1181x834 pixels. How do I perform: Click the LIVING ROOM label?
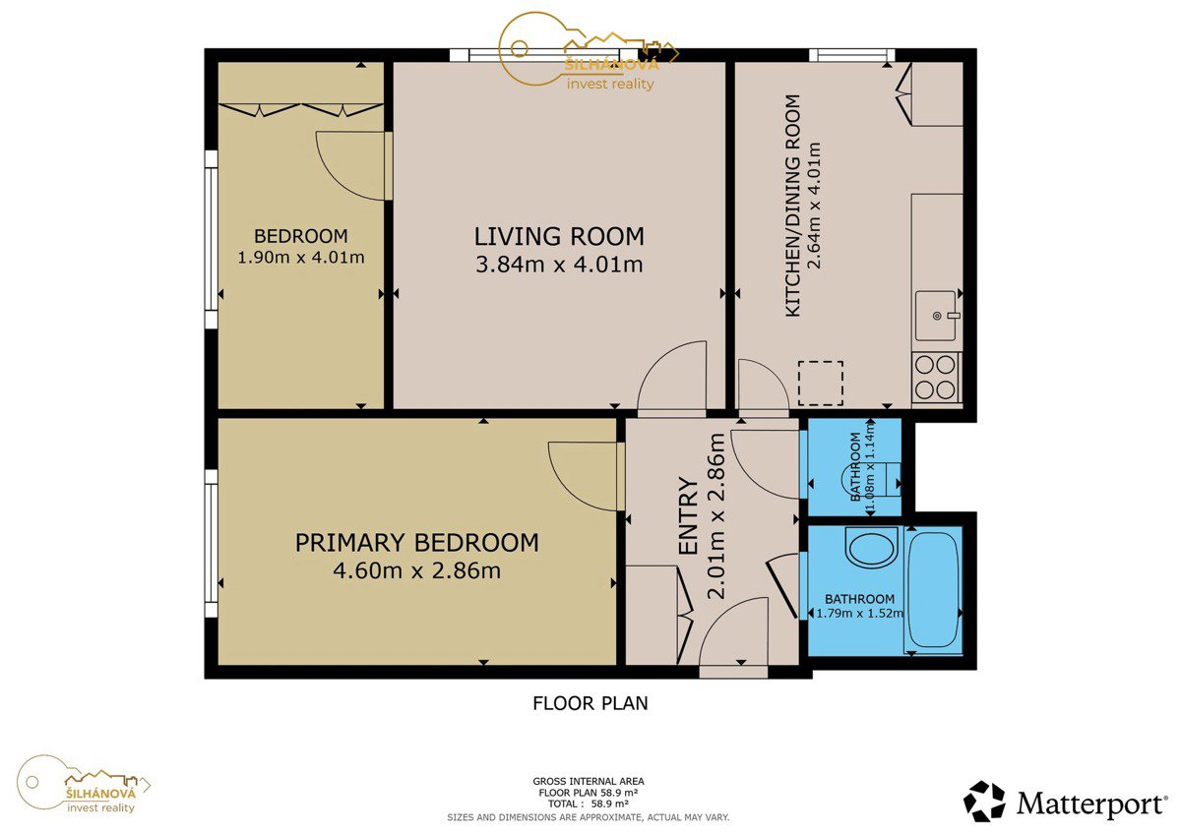(559, 237)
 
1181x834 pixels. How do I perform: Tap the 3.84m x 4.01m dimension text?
(559, 264)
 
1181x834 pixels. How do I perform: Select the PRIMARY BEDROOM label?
(417, 543)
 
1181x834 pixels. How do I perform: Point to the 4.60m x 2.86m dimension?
(417, 570)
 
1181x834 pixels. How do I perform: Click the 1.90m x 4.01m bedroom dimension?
(301, 258)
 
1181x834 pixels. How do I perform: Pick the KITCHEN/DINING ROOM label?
(793, 206)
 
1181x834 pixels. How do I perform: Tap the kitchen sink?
(936, 316)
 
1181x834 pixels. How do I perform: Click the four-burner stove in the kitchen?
(936, 378)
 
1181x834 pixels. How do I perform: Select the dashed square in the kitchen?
(821, 384)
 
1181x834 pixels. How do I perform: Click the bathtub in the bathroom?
(933, 591)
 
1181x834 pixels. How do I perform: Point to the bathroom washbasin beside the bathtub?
(870, 548)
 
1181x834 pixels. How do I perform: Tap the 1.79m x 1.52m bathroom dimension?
(860, 614)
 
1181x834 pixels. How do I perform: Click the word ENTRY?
(688, 516)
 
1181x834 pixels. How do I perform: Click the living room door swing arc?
(659, 364)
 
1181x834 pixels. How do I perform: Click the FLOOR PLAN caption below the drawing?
(590, 703)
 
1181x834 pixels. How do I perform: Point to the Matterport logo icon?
(984, 802)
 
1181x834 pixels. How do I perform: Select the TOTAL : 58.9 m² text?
(589, 804)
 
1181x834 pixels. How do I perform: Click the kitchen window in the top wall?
(852, 55)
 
